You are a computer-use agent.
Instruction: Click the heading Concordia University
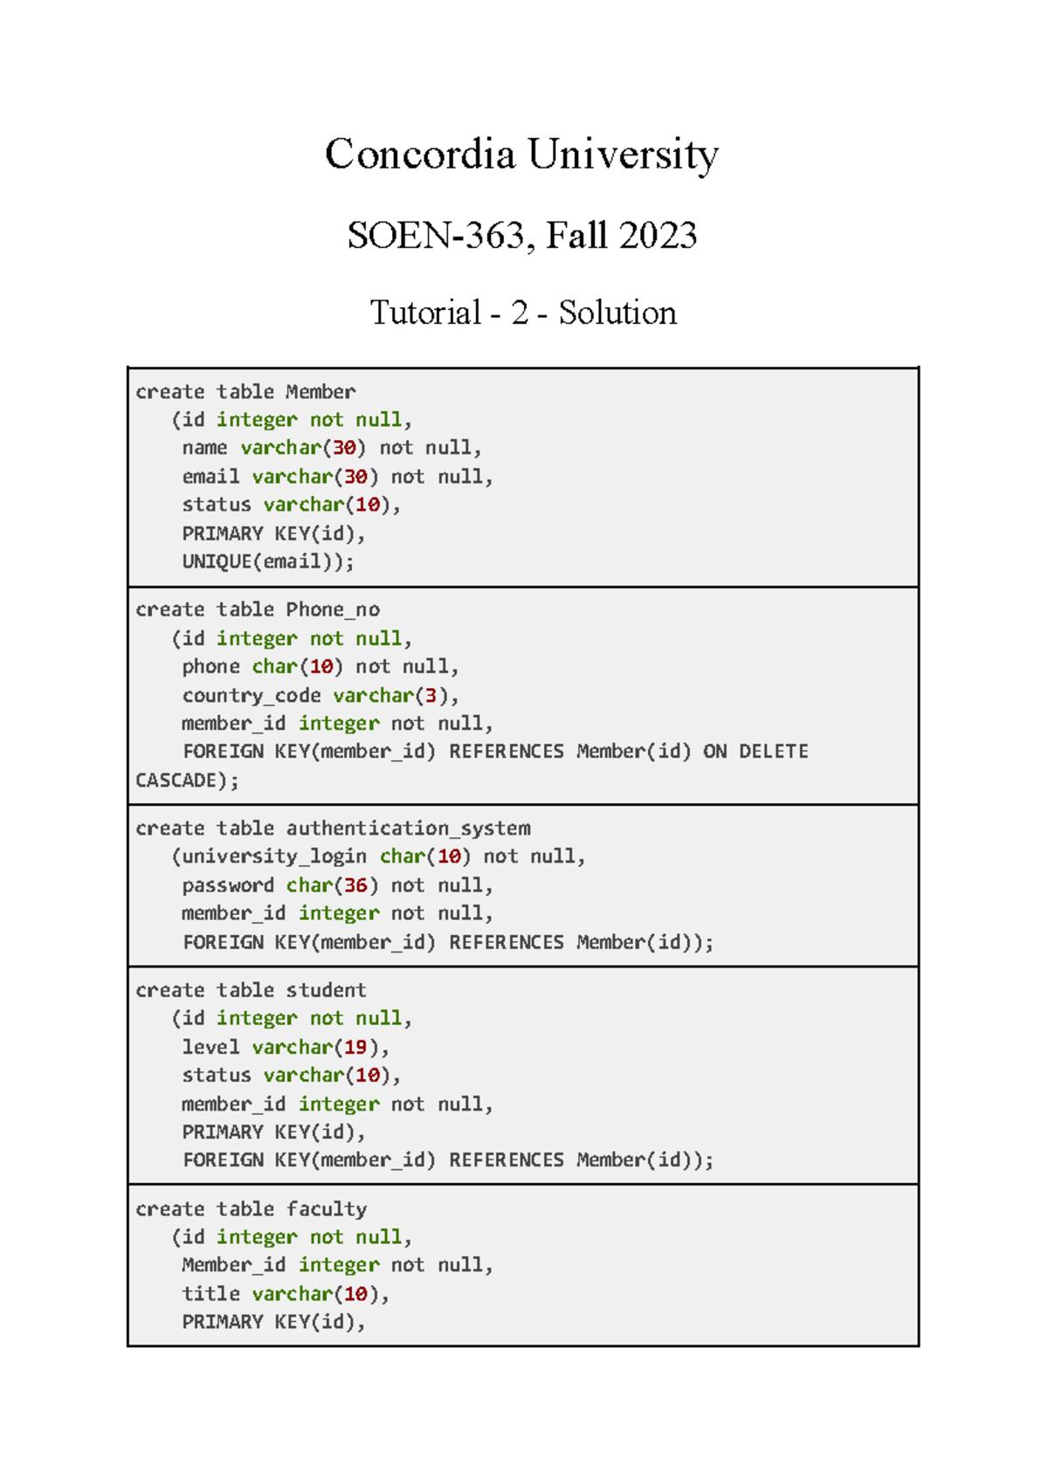(521, 155)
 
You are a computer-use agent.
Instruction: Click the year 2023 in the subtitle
(659, 236)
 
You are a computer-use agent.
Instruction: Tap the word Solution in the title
(617, 313)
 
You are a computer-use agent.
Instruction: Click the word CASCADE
(176, 780)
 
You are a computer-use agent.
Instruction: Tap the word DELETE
(773, 751)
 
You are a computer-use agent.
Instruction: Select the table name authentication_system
(408, 828)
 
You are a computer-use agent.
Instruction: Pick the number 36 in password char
(355, 885)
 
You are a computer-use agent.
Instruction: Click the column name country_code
(252, 695)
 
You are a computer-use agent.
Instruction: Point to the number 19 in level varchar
(355, 1047)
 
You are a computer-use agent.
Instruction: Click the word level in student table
(210, 1047)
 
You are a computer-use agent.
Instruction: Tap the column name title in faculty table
(210, 1293)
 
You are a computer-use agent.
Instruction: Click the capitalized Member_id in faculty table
(233, 1264)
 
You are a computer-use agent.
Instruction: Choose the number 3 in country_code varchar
(431, 695)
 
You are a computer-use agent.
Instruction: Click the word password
(228, 885)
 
